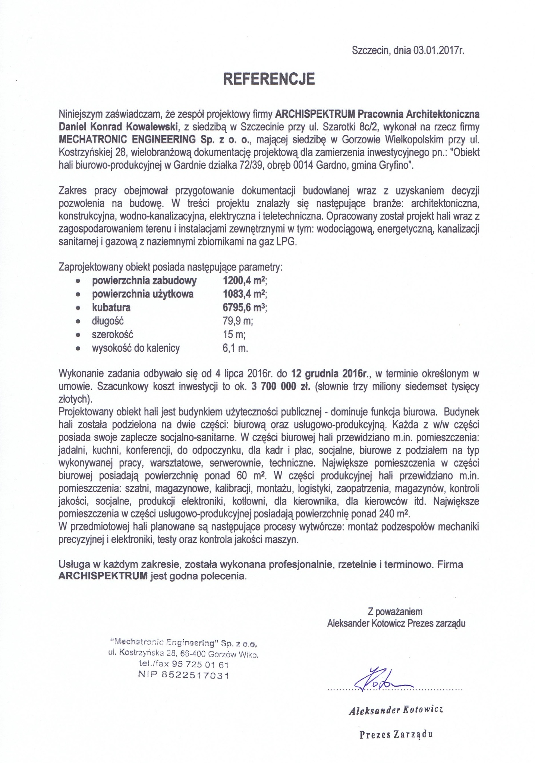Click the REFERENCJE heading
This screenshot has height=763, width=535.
(268, 79)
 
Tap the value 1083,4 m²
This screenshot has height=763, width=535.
(242, 294)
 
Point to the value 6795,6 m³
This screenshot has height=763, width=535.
(242, 308)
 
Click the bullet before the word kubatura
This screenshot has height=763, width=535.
(78, 308)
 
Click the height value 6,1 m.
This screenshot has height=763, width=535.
(233, 348)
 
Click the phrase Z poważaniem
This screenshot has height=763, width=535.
(395, 611)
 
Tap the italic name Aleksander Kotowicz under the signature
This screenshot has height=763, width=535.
(396, 711)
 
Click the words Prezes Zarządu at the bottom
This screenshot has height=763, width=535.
(396, 735)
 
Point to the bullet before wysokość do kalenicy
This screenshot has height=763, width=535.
(78, 349)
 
